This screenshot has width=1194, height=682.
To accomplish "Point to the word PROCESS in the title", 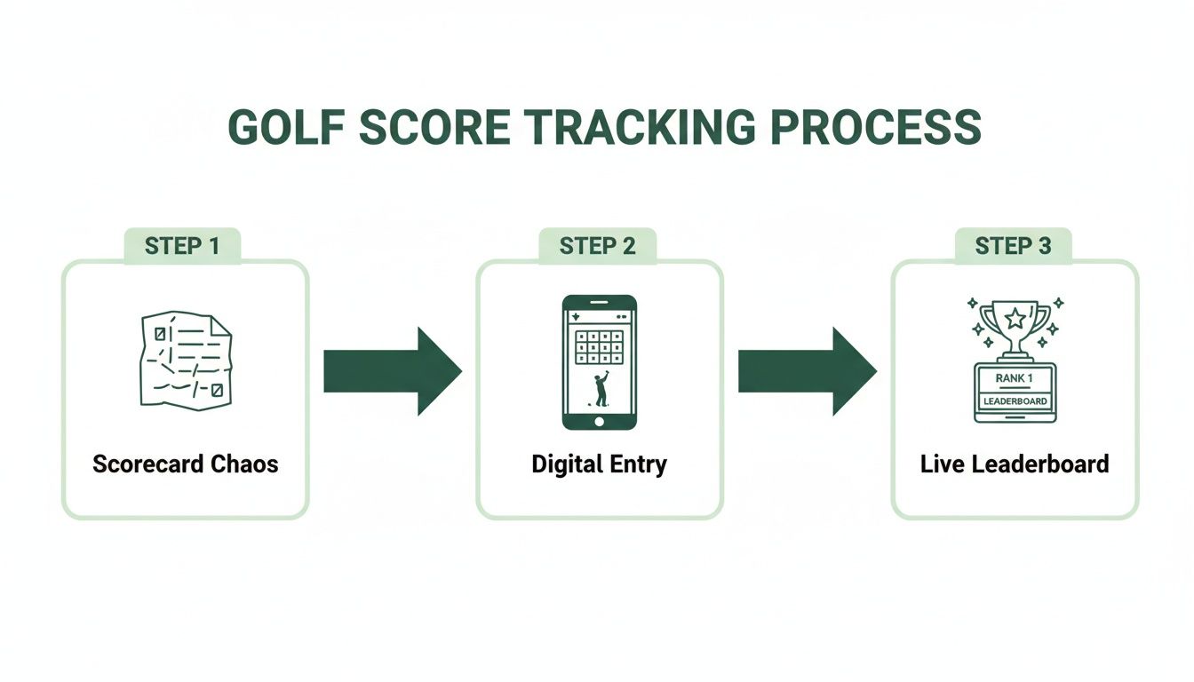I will (876, 129).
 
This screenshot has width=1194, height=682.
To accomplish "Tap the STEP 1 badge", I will (182, 246).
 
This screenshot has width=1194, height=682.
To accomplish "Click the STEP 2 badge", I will (597, 246).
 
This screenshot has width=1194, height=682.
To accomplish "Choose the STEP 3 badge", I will (1013, 246).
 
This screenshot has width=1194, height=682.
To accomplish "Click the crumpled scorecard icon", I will (185, 361).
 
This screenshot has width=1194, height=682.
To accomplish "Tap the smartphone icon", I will (599, 362).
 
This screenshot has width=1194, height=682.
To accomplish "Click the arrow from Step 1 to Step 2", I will (392, 370).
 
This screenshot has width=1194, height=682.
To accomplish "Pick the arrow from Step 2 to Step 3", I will (807, 370).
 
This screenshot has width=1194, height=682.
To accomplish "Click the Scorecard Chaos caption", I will (185, 464).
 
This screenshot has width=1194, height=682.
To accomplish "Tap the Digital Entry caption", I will (599, 464).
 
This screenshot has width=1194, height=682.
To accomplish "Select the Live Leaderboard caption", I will (1015, 464).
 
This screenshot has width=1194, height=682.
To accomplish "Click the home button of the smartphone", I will (599, 421).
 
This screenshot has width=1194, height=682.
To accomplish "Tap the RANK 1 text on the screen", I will (1015, 377).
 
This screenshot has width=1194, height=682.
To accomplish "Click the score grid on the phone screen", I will (599, 347).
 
